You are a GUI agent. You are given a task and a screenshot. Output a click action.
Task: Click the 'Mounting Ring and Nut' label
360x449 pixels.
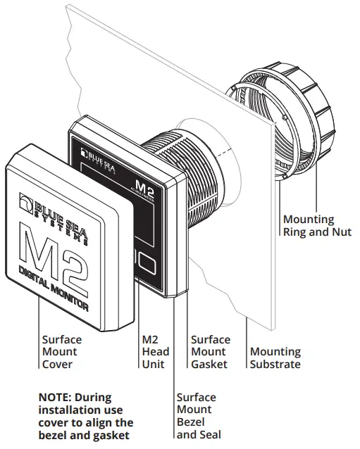[x=316, y=225]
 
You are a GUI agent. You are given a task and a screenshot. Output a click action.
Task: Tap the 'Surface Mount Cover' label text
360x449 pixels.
[x=61, y=352]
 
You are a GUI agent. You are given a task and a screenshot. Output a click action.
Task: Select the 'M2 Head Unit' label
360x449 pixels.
[x=156, y=352]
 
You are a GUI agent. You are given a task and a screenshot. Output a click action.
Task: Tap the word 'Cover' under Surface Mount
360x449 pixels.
[x=57, y=364]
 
